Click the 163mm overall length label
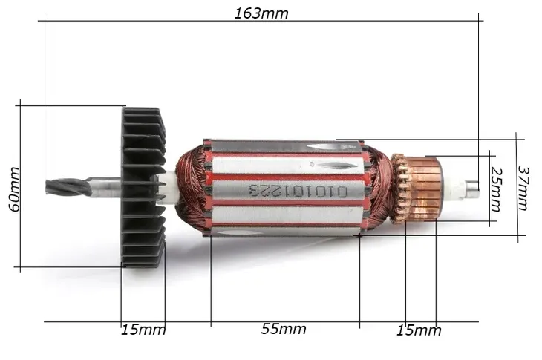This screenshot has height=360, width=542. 261,13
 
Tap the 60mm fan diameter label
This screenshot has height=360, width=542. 15,189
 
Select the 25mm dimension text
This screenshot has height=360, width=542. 496,190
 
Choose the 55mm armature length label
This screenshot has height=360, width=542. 284,329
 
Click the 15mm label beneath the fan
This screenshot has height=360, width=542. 143,330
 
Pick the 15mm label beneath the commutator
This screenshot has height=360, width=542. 419,330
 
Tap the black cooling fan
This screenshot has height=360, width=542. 143,187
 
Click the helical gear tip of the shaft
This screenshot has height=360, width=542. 68,186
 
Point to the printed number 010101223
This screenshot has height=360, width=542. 298,191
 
